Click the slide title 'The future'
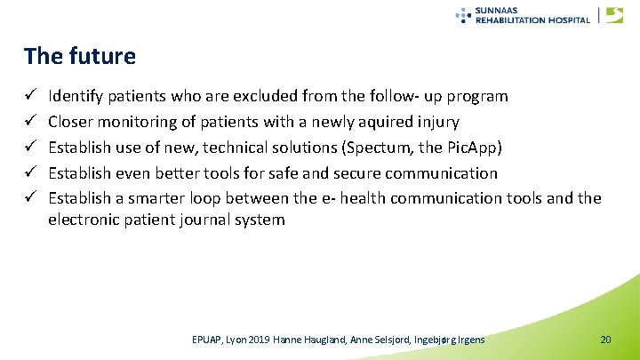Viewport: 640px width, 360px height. pyautogui.click(x=80, y=57)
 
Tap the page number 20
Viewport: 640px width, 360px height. pyautogui.click(x=605, y=340)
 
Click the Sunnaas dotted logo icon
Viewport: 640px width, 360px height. pyautogui.click(x=463, y=14)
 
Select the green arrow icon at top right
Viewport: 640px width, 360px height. pyautogui.click(x=614, y=14)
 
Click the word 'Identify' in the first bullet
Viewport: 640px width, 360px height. pyautogui.click(x=75, y=95)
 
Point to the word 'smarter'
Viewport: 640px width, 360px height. pyautogui.click(x=163, y=198)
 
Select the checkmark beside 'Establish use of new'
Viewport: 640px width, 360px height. pyautogui.click(x=30, y=147)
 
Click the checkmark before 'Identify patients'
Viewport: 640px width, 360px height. pyautogui.click(x=30, y=95)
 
